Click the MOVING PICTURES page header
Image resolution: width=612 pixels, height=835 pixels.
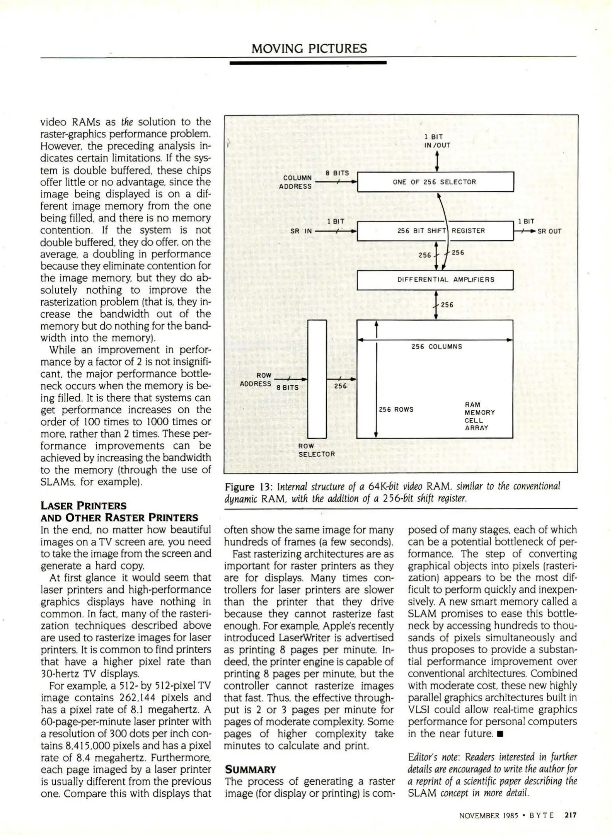[309, 49]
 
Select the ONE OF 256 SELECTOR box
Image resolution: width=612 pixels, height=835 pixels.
[435, 182]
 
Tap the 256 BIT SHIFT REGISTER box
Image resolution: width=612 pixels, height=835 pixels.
[435, 231]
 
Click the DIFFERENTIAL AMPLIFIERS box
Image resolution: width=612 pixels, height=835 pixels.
[435, 280]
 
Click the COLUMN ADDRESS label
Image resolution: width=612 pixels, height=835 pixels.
[296, 182]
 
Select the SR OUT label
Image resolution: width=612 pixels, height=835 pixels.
[549, 232]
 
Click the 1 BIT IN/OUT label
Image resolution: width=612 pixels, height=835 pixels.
[437, 141]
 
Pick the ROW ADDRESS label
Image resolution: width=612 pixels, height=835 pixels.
[256, 380]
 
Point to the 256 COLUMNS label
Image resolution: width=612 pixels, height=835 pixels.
[436, 347]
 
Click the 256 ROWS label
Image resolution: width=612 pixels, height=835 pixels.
[396, 409]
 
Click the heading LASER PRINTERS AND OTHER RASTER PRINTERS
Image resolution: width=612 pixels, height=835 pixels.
[119, 512]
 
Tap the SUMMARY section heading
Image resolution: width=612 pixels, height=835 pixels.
[251, 769]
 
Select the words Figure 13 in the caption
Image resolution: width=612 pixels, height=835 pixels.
[244, 487]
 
